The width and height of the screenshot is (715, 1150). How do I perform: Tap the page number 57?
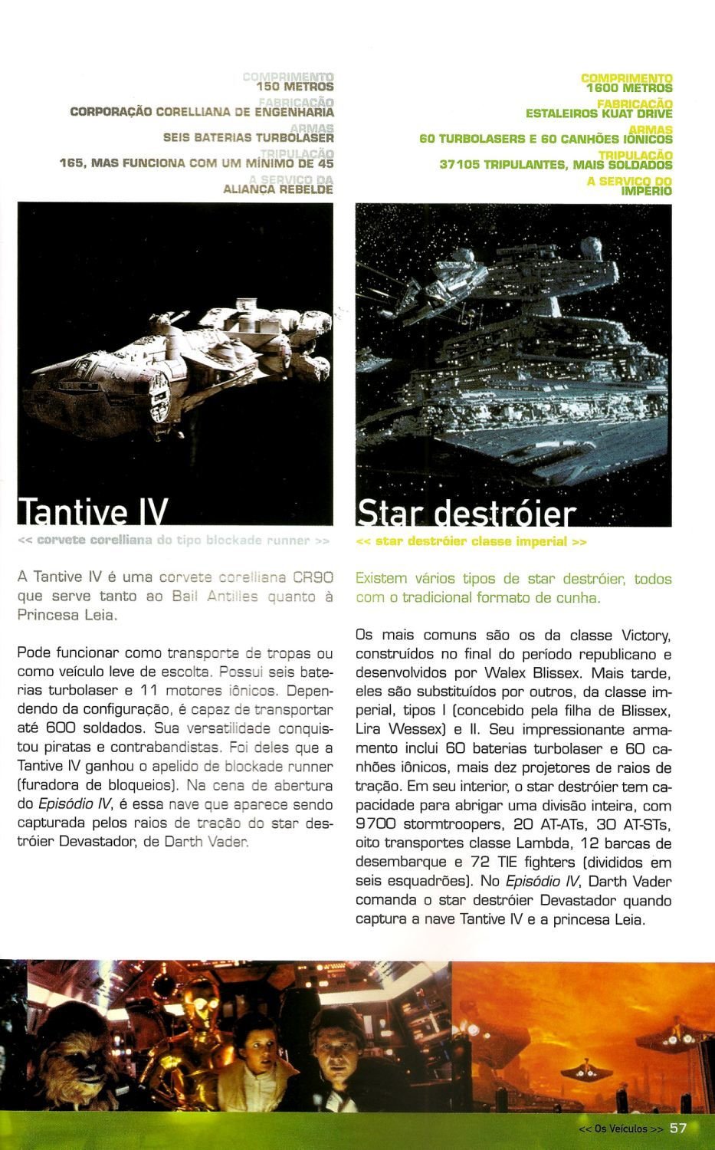tap(678, 1128)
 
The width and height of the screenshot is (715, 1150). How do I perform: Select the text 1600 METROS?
tap(629, 88)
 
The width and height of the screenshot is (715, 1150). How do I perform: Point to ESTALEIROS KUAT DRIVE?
tap(599, 113)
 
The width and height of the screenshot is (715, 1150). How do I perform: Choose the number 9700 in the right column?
tap(377, 824)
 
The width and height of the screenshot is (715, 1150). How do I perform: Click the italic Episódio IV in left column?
tap(64, 805)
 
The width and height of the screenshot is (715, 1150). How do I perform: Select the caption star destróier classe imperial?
tap(471, 542)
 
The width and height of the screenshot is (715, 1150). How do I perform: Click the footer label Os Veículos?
tap(622, 1129)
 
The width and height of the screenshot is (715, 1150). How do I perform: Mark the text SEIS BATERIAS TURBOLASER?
tap(248, 139)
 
